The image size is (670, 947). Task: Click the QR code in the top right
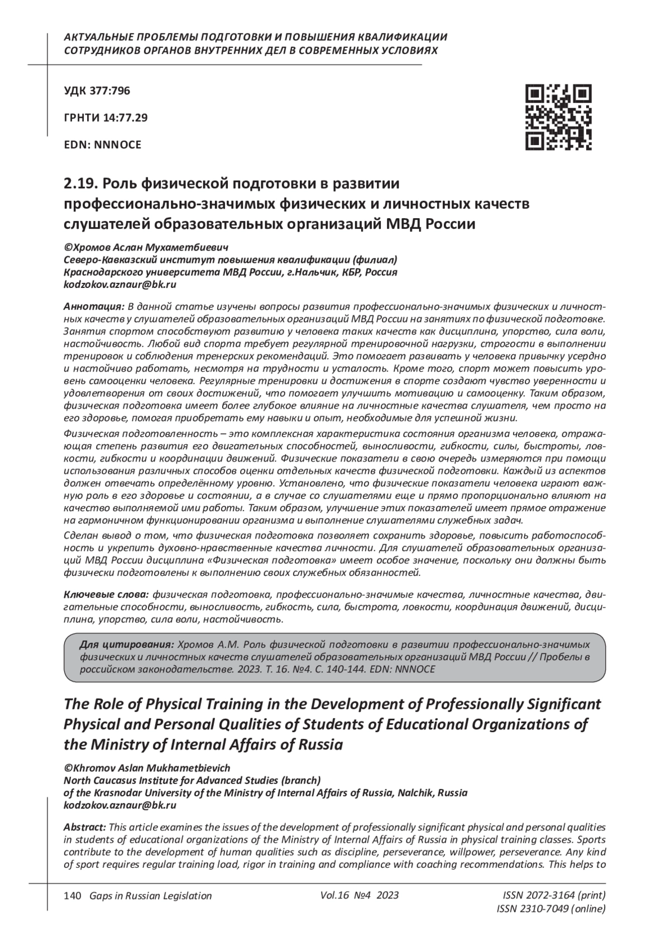pos(558,117)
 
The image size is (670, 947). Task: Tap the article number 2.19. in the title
pos(82,183)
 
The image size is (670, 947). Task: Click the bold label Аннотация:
pos(94,307)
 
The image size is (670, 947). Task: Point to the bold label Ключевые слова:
pos(107,594)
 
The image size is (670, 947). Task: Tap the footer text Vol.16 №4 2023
pos(360,895)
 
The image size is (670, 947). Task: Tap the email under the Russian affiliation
pos(120,284)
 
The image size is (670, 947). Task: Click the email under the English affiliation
pos(120,805)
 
